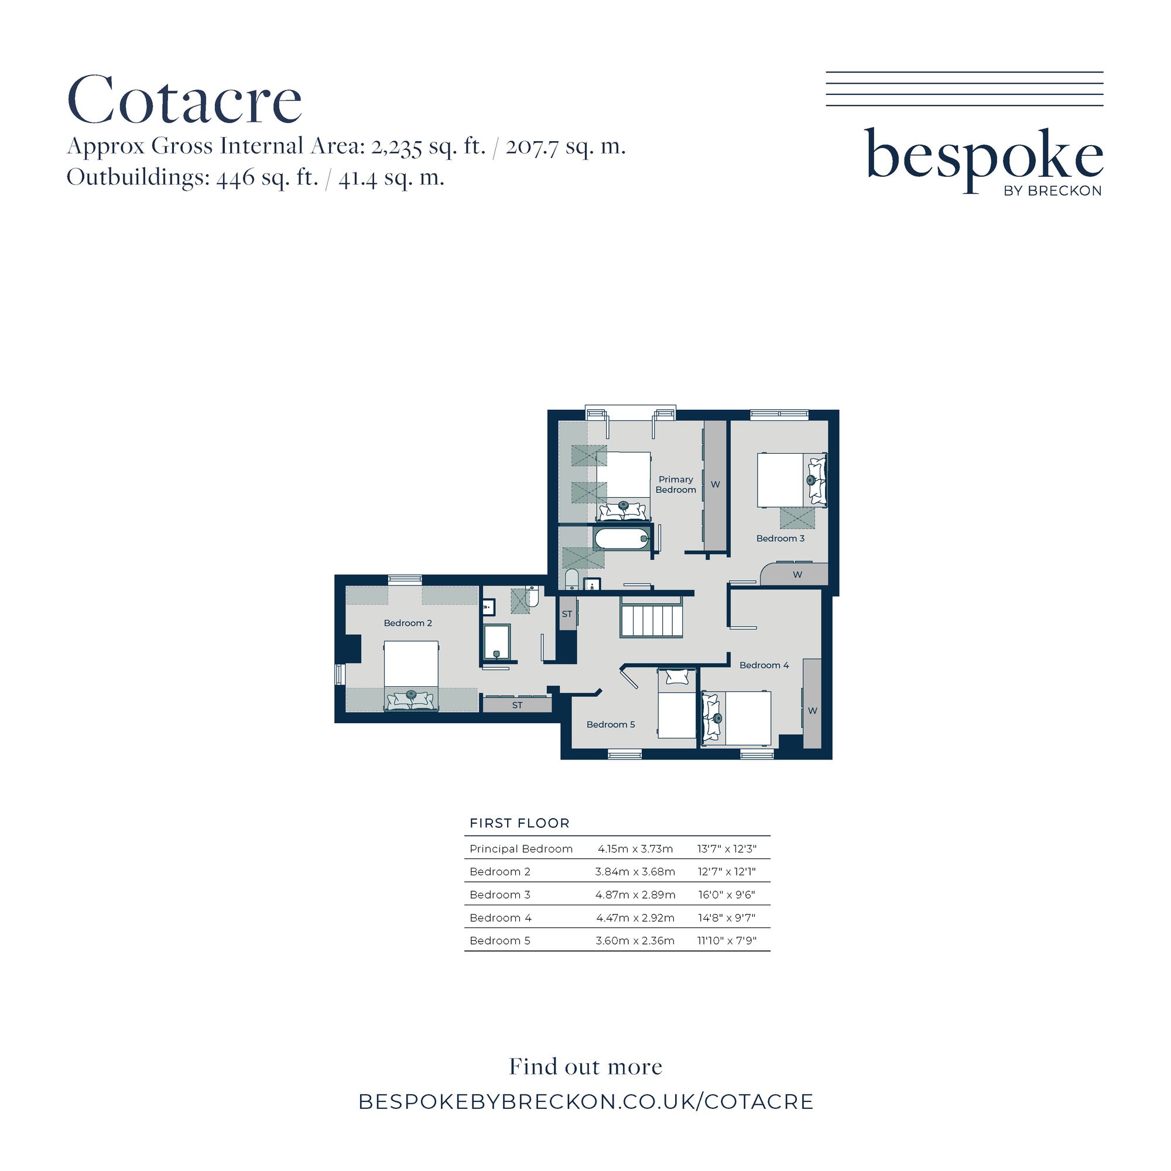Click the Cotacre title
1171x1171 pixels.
184,100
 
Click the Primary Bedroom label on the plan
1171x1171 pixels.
676,484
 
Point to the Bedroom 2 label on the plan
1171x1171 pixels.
408,623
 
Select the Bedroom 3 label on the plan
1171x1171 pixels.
780,538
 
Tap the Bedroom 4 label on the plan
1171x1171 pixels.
763,665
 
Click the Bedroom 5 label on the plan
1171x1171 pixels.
610,724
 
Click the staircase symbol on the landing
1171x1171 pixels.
651,617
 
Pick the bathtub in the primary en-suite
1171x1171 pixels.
622,538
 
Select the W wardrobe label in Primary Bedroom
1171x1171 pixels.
715,484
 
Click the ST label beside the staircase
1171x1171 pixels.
567,614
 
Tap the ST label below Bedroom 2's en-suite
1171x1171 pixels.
517,705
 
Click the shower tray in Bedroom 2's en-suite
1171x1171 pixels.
497,642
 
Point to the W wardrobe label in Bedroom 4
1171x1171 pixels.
813,710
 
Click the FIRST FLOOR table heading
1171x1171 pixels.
519,823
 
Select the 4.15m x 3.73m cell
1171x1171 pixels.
635,848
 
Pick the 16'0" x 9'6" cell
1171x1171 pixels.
727,895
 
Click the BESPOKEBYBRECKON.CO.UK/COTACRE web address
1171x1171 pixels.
585,1101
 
